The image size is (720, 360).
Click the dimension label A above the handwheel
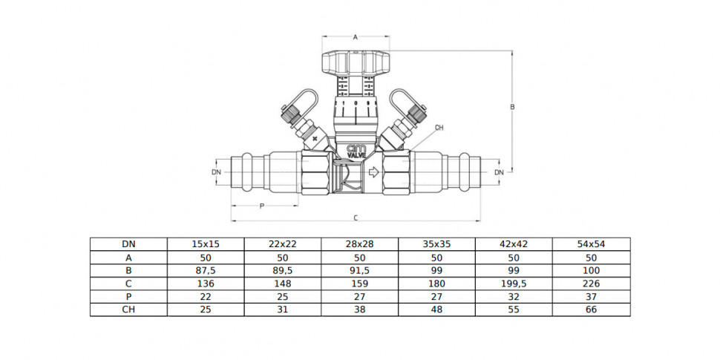click(x=355, y=38)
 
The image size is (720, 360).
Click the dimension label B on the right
click(x=512, y=107)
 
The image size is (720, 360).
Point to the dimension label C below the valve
click(x=356, y=218)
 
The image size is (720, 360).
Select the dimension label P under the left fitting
click(x=262, y=206)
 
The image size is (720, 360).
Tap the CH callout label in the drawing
click(x=439, y=128)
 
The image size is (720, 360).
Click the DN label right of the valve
click(x=499, y=172)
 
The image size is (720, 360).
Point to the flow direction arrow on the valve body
click(x=373, y=173)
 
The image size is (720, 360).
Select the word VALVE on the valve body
click(x=356, y=156)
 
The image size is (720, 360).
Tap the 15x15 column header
click(x=206, y=244)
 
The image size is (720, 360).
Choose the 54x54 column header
click(x=591, y=244)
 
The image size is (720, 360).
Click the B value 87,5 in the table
click(x=206, y=270)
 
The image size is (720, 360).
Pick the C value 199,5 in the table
click(x=514, y=284)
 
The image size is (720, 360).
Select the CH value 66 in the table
click(x=592, y=310)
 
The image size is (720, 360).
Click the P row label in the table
click(x=128, y=297)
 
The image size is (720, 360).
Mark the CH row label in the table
click(x=128, y=310)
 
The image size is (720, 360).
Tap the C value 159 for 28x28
click(x=359, y=284)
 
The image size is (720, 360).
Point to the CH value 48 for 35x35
click(x=437, y=310)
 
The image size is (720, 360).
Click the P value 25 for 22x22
click(x=282, y=297)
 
